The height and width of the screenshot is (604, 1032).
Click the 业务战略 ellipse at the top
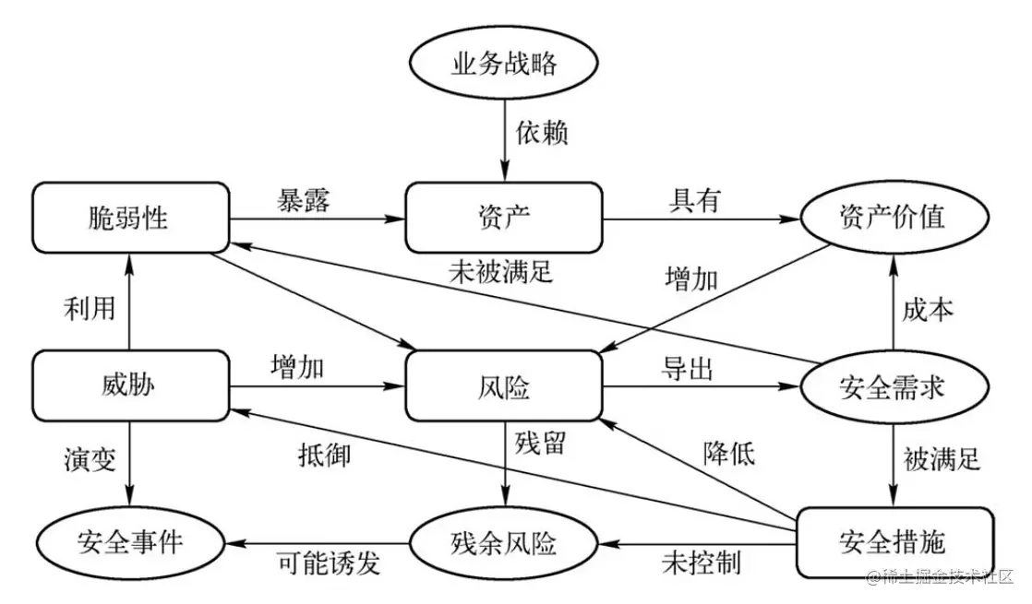pos(505,65)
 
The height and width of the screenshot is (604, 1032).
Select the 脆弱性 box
pos(129,218)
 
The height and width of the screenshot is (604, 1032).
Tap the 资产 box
pos(504,218)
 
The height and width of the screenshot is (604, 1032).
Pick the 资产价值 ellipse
pos(893,218)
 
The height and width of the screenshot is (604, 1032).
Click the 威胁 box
pos(129,385)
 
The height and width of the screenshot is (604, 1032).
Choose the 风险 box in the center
pos(504,385)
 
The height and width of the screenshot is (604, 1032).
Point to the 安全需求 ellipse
pos(893,386)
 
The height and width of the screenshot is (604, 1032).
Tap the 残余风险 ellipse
pos(505,542)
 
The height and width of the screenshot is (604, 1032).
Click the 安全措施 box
pos(893,541)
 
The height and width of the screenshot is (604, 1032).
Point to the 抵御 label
pos(324,454)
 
